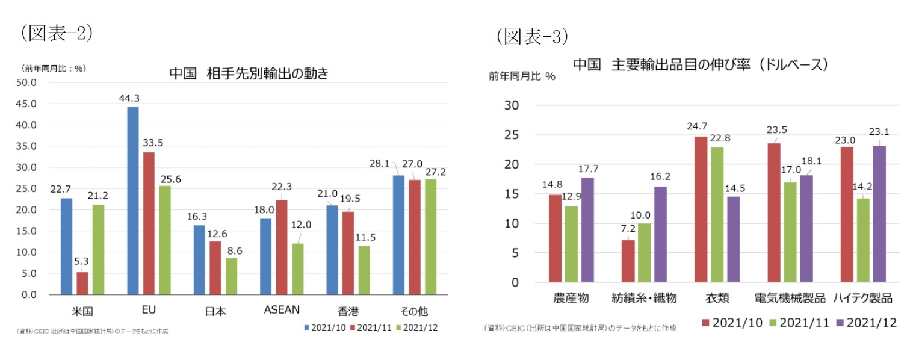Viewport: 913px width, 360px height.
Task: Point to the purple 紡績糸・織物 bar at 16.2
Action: click(660, 234)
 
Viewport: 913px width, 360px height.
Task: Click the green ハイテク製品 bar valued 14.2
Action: click(863, 240)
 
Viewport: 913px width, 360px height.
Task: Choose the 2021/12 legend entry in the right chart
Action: click(866, 323)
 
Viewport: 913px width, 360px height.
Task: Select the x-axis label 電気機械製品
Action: click(790, 298)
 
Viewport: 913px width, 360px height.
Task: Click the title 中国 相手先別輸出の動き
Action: click(248, 73)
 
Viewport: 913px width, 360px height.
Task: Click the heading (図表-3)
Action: click(532, 37)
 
